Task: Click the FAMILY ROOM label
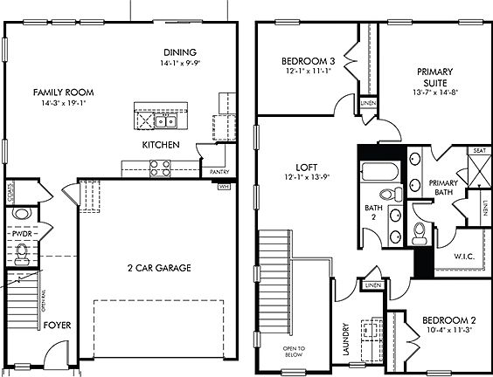pos(63,92)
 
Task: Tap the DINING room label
pos(179,52)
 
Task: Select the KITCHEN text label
pos(162,144)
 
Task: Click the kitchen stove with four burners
pos(161,168)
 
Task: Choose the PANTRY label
pos(219,173)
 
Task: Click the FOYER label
pos(59,326)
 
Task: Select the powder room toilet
pos(23,253)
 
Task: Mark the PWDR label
pos(22,235)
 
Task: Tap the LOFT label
pos(305,165)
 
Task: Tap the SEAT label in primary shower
pos(479,151)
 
